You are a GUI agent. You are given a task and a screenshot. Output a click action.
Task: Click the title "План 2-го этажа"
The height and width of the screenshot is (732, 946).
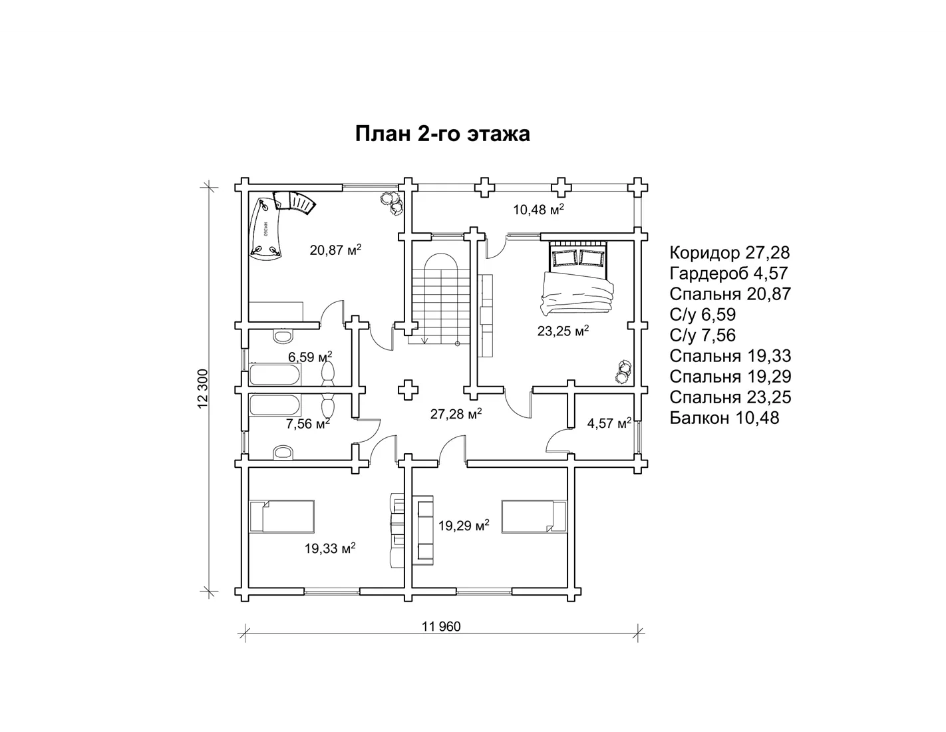[x=442, y=134]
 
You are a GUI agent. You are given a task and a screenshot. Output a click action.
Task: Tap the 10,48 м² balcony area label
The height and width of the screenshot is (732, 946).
[x=538, y=210]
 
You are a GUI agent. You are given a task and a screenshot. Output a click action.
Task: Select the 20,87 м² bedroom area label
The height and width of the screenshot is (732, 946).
[x=335, y=250]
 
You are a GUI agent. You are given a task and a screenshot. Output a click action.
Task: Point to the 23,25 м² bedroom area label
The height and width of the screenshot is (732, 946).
[x=563, y=331]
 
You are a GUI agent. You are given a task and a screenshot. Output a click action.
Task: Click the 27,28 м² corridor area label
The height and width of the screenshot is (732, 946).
[x=456, y=414]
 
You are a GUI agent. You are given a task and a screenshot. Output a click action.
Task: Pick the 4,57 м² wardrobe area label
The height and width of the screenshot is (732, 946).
[x=609, y=423]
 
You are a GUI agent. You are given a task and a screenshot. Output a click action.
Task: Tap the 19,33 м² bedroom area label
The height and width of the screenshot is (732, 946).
[x=330, y=548]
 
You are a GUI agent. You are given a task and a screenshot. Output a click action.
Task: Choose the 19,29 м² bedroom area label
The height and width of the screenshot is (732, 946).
[x=464, y=526]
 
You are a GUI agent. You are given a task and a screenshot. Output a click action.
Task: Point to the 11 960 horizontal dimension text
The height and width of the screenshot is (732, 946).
[x=441, y=627]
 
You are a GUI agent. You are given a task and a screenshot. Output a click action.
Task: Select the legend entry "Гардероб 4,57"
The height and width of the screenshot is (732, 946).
[x=728, y=274]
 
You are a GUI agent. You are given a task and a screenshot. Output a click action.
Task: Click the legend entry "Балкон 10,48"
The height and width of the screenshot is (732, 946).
[x=724, y=418]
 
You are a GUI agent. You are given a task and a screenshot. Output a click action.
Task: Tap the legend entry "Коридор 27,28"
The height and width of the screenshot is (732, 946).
[x=730, y=253]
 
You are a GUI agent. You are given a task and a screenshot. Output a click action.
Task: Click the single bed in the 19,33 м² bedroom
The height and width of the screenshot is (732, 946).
[x=281, y=516]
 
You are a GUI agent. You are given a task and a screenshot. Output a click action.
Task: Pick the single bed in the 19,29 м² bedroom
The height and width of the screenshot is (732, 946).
[x=534, y=516]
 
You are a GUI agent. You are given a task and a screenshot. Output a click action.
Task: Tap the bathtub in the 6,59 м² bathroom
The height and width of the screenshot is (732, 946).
[x=275, y=375]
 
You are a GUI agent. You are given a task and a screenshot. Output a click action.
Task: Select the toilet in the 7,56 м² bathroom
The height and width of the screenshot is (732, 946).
[x=283, y=452]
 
